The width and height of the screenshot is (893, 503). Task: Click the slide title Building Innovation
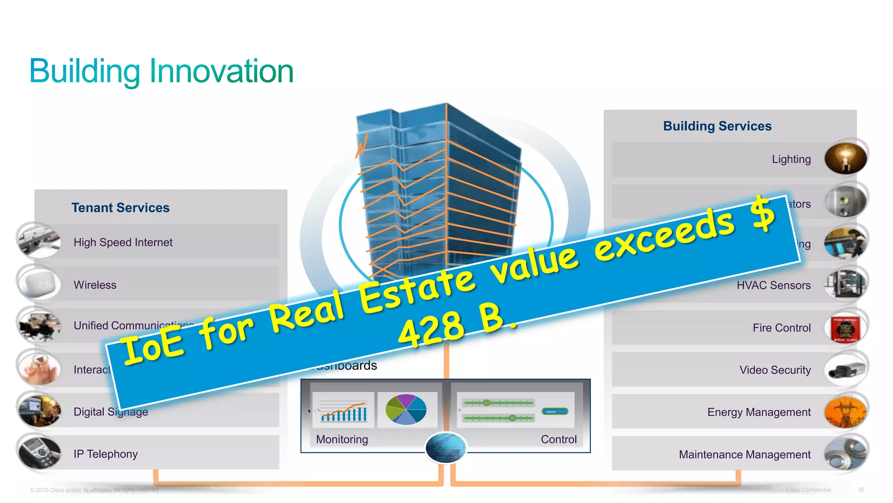(161, 71)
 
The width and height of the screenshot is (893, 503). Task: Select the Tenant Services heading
(120, 207)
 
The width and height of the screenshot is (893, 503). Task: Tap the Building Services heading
(717, 126)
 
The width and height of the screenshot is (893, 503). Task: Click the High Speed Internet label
(123, 242)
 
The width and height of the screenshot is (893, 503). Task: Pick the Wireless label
(95, 285)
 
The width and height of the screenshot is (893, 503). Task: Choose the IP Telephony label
(106, 454)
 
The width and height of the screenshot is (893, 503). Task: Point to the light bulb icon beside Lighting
(845, 158)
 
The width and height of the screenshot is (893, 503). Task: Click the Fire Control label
(781, 327)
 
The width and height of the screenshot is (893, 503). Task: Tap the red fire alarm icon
(845, 329)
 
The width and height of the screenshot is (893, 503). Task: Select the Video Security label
(775, 370)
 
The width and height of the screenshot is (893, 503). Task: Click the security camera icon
(845, 371)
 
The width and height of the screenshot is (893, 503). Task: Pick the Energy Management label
(759, 412)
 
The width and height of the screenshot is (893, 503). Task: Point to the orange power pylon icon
(845, 413)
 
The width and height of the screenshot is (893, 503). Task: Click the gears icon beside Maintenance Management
(845, 454)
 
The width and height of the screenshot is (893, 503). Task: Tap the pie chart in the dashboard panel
(406, 409)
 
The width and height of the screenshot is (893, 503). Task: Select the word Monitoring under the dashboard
(342, 439)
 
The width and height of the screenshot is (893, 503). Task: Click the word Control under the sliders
(559, 439)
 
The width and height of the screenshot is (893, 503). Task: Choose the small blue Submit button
(554, 411)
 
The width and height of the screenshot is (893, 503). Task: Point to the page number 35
(861, 490)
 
